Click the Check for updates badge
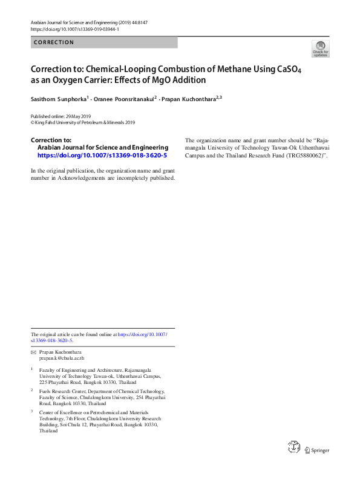click(320, 48)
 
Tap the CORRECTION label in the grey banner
click(54, 42)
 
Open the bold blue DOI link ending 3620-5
click(102, 155)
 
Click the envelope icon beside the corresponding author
click(33, 352)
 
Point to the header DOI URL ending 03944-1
click(74, 29)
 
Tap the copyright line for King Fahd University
click(83, 122)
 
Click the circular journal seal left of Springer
click(294, 448)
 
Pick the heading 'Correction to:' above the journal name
click(51, 140)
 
